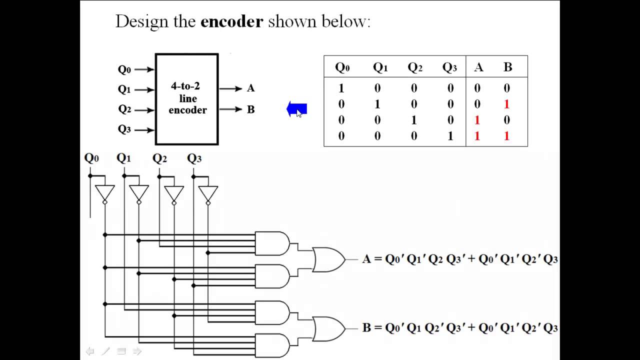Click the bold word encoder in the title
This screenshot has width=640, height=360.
click(x=231, y=22)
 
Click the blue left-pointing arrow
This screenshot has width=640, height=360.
click(x=296, y=109)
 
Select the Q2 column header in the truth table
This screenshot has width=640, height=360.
click(x=414, y=67)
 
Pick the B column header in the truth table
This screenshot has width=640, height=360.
click(x=507, y=67)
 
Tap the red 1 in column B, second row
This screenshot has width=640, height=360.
click(x=506, y=104)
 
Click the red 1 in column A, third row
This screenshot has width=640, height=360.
click(x=477, y=120)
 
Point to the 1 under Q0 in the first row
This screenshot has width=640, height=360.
click(x=341, y=88)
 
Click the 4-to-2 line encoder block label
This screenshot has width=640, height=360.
click(x=187, y=98)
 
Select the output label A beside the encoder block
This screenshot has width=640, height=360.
click(x=250, y=88)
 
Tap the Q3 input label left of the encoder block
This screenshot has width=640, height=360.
click(x=124, y=129)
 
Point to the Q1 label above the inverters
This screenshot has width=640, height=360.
click(x=123, y=158)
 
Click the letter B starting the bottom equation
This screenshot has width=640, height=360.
click(x=366, y=328)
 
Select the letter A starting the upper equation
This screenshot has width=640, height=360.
click(x=367, y=259)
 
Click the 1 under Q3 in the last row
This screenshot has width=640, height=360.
click(x=450, y=136)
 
